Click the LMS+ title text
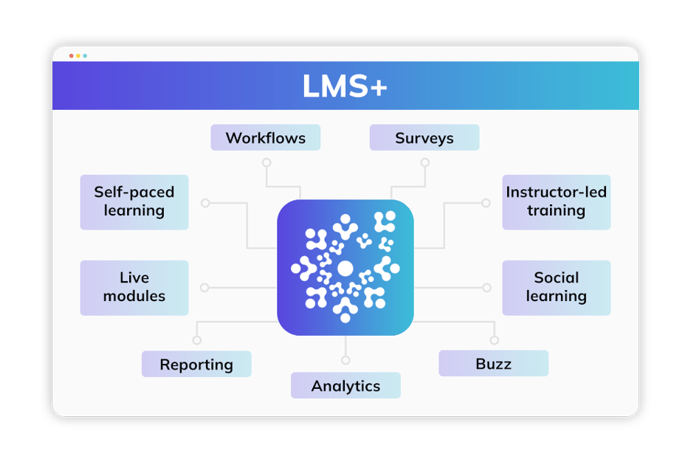(x=345, y=86)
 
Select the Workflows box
(x=265, y=138)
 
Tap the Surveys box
(x=424, y=138)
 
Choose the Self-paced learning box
(x=134, y=201)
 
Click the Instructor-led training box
(x=556, y=201)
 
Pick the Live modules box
(x=134, y=287)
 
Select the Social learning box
(x=556, y=287)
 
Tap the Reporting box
(x=196, y=364)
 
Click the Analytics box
(x=345, y=385)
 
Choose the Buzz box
(x=493, y=363)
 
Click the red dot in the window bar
(x=72, y=55)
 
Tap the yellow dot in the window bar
(x=78, y=55)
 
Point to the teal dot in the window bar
(x=85, y=55)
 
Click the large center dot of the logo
(x=345, y=268)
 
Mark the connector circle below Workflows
(x=267, y=162)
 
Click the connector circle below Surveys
(x=424, y=162)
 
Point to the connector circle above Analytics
(x=345, y=360)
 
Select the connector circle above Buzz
(x=494, y=340)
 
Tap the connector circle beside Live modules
(x=204, y=288)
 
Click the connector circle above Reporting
(x=196, y=340)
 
